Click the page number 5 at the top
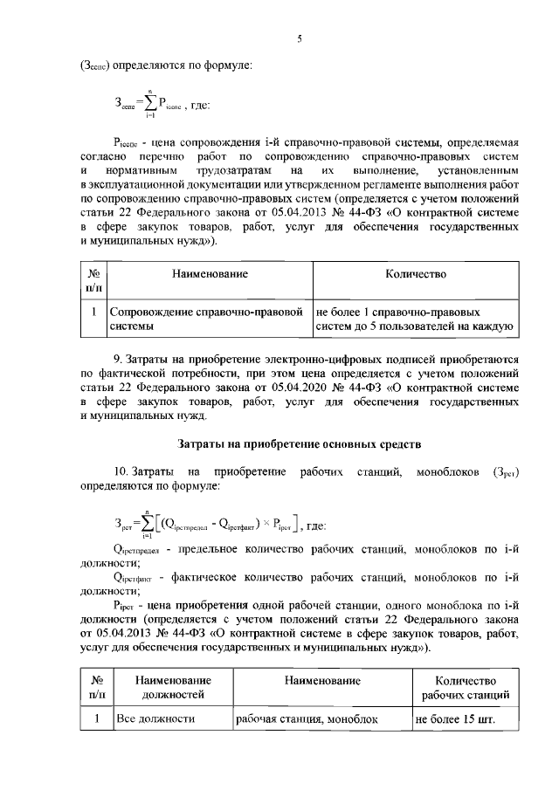(x=300, y=39)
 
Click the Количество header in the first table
(x=416, y=274)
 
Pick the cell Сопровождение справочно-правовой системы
(x=210, y=319)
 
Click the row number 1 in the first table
(x=93, y=311)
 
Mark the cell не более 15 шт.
(x=455, y=720)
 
